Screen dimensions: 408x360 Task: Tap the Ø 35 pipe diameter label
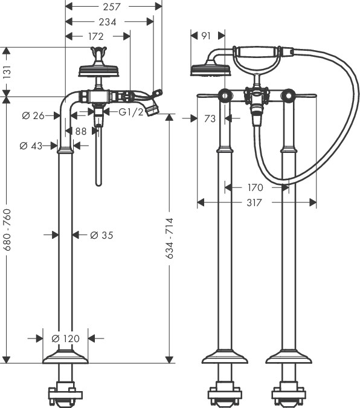pyautogui.click(x=101, y=235)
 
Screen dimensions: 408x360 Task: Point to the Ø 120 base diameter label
pyautogui.click(x=66, y=338)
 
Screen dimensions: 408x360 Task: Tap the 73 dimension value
pyautogui.click(x=209, y=119)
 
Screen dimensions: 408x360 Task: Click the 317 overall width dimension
pyautogui.click(x=254, y=203)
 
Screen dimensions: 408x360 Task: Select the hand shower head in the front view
pyautogui.click(x=208, y=70)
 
